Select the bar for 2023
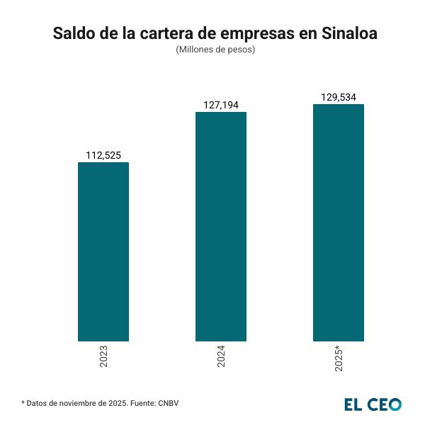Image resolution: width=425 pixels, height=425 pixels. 103,251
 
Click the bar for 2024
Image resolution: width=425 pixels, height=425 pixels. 220,227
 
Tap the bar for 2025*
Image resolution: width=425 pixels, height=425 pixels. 339,222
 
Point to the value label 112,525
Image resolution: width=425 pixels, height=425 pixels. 103,155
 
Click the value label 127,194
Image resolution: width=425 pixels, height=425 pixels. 220,105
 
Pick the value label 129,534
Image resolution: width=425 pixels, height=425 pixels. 339,97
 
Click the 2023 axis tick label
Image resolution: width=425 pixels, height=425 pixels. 103,356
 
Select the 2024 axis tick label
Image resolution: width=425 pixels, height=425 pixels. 221,356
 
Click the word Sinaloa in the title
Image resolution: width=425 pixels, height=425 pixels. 349,33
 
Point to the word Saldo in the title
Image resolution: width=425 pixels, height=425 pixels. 74,33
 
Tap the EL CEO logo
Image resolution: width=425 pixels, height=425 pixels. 373,404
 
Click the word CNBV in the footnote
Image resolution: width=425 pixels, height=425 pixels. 169,403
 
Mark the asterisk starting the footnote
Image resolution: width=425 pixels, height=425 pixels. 23,402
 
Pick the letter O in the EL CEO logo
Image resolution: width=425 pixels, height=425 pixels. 395,404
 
